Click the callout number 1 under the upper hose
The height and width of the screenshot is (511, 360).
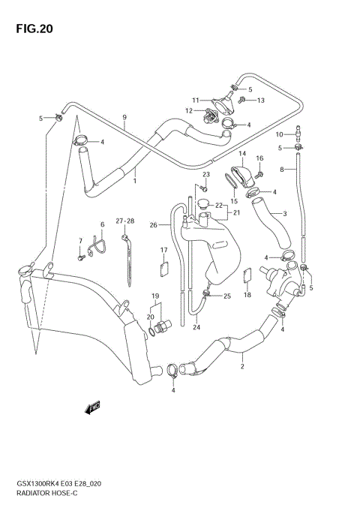135,180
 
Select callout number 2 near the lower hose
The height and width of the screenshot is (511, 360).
241,367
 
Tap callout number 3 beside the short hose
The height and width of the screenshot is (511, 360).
284,214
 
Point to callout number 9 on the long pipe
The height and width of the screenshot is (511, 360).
124,117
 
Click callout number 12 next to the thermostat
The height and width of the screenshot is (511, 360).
190,111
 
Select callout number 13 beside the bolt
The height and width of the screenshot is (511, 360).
261,100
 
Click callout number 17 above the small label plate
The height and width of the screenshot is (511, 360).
163,250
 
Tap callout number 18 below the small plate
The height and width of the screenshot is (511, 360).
246,296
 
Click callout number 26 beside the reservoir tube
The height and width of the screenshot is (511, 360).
153,224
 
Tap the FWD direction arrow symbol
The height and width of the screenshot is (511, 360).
93,408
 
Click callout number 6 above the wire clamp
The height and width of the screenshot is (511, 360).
102,224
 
